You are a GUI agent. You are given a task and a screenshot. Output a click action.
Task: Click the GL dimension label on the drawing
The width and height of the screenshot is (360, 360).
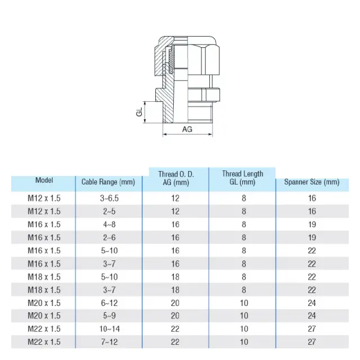(139, 112)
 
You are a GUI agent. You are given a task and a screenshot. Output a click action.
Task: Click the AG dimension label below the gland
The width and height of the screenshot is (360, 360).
(187, 129)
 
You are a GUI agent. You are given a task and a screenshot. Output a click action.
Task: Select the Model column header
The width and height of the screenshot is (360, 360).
(44, 180)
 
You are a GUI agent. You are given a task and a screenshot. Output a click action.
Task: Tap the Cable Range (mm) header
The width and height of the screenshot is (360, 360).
(108, 182)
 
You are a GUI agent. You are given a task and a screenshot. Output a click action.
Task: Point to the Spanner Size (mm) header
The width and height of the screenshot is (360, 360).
(312, 182)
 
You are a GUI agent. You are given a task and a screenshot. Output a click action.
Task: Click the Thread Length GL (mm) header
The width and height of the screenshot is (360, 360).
(242, 178)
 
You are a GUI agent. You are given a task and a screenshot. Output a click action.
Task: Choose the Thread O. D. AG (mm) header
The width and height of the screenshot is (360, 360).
(176, 178)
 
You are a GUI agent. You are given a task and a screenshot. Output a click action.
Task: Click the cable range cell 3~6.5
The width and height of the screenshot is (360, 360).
(109, 198)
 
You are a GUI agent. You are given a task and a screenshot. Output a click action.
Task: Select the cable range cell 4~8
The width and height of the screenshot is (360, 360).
(109, 224)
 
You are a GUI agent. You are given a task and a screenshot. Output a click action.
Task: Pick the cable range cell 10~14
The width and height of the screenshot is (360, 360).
(110, 329)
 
